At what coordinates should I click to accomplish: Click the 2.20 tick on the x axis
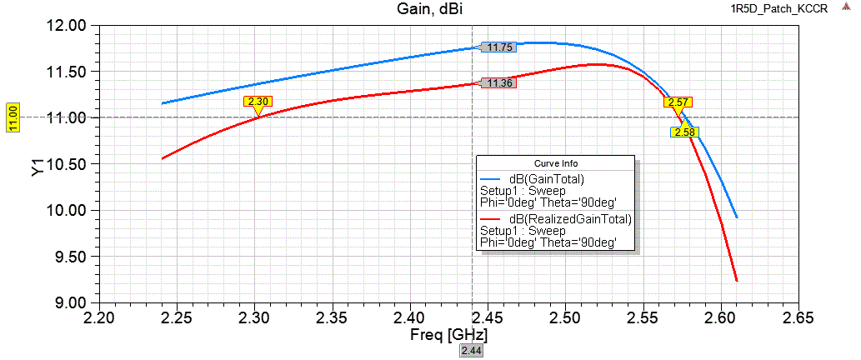[100, 319]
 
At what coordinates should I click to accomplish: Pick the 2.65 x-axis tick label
[798, 319]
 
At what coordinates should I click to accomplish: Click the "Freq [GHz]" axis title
[448, 335]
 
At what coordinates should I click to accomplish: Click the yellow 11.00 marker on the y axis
[13, 117]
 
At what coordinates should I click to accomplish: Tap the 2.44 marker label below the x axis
[472, 351]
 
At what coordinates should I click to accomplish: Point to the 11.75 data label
[499, 47]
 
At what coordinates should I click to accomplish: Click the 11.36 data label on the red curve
[499, 83]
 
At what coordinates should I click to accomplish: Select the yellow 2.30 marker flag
[258, 102]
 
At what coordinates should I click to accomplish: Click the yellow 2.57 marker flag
[678, 102]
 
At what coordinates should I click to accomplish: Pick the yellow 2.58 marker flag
[684, 132]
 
